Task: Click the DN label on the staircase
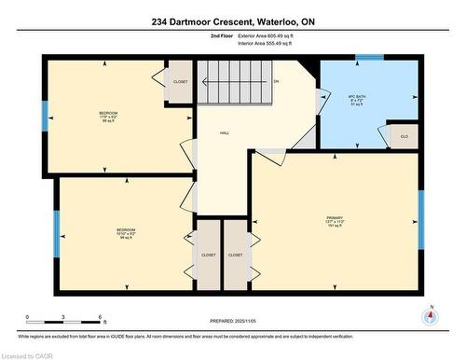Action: [276, 82]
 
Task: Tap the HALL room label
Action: [224, 133]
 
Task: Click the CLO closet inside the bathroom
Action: [403, 135]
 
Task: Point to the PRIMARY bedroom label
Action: [335, 220]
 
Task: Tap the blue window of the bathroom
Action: [370, 57]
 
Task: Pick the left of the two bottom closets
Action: [208, 254]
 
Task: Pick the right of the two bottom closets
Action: [235, 254]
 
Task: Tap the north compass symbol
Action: [430, 315]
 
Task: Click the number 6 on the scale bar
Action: [100, 318]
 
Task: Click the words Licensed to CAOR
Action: [27, 353]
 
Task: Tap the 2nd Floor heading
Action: [222, 35]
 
